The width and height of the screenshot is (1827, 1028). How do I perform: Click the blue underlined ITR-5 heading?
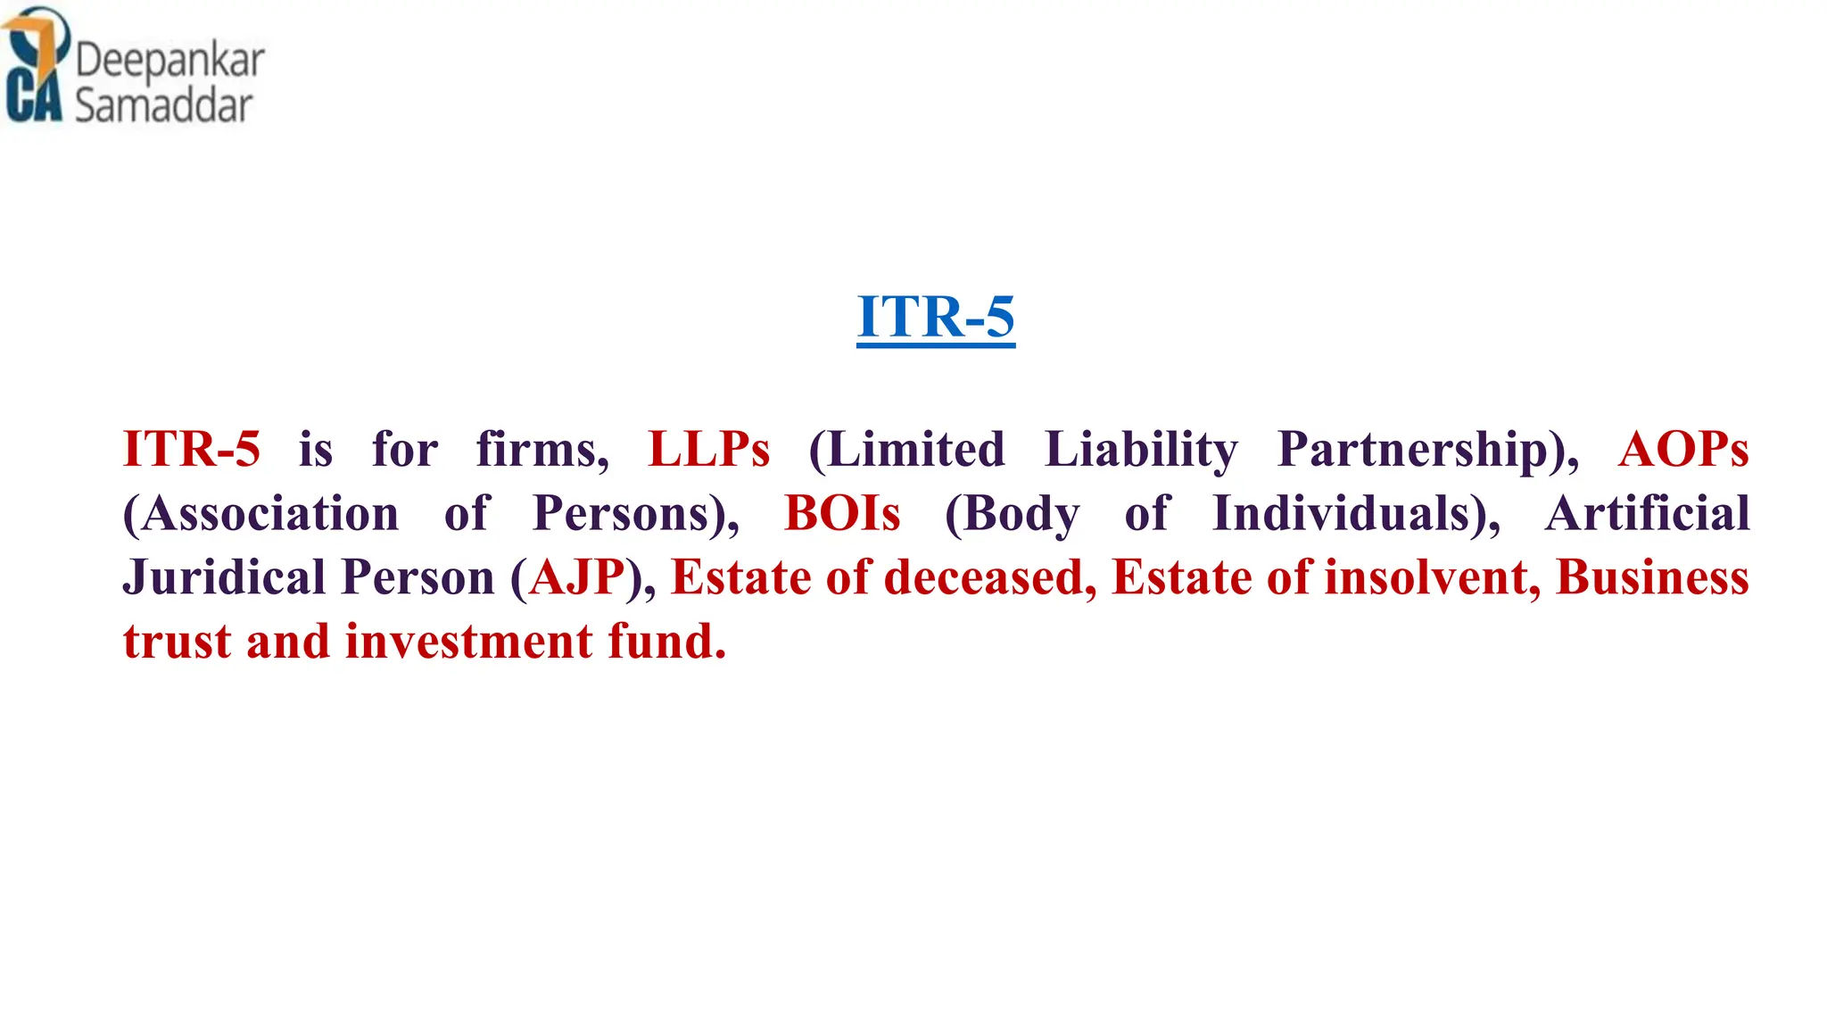(x=936, y=317)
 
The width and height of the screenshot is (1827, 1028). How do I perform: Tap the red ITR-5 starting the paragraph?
(x=192, y=449)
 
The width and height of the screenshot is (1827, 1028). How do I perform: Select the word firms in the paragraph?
(x=541, y=449)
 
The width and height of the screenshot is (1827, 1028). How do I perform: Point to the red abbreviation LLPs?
(x=708, y=449)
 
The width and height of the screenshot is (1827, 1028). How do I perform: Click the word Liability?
(x=1141, y=449)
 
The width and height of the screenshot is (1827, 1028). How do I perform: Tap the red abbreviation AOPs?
(x=1683, y=449)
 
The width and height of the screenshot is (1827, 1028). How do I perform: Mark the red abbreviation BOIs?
(x=842, y=514)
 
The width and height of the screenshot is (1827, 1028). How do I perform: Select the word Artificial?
(x=1647, y=514)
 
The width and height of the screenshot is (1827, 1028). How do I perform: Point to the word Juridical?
(x=224, y=577)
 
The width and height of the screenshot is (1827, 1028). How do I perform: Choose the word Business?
(x=1652, y=577)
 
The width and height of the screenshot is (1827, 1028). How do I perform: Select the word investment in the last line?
(x=469, y=642)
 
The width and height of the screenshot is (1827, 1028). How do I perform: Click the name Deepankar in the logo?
(x=169, y=61)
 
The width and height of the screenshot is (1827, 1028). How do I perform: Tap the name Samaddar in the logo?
(x=164, y=105)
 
